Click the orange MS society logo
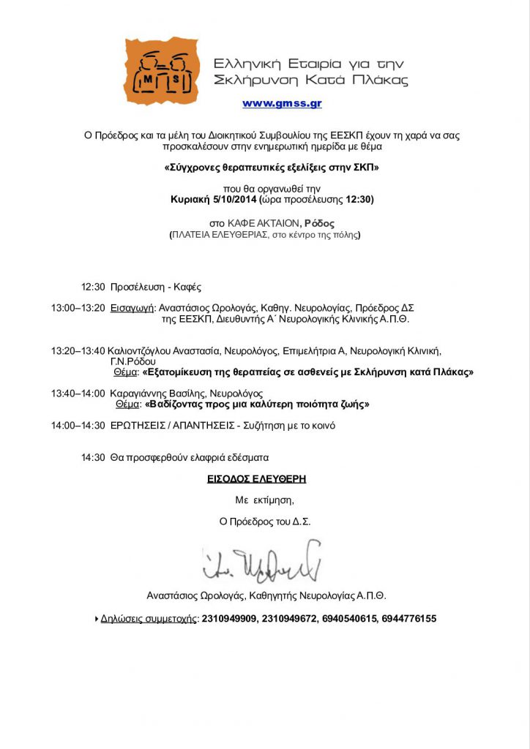tap(161, 72)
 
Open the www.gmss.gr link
tap(282, 104)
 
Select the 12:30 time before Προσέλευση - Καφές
tap(93, 287)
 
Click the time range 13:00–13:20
tap(78, 308)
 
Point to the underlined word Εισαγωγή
tap(133, 308)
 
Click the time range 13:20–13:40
tap(78, 350)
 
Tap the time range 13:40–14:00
tap(78, 393)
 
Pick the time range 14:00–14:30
tap(78, 425)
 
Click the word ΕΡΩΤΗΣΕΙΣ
tap(142, 425)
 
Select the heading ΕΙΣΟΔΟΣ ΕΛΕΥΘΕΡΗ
tap(256, 479)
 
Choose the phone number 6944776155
tap(408, 619)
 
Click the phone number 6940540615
tap(348, 619)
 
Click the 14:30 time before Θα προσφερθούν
tap(93, 457)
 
